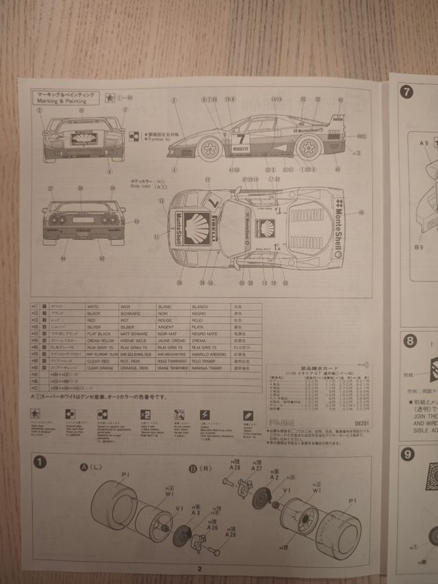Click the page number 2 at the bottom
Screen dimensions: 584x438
pyautogui.click(x=199, y=568)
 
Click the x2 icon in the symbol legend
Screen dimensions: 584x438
pyautogui.click(x=145, y=415)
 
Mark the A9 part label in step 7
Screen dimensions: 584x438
pyautogui.click(x=424, y=142)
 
